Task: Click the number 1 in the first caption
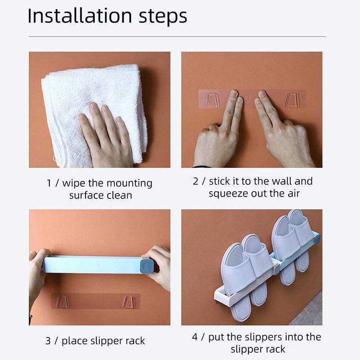[x=49, y=184]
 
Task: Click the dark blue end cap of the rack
[x=147, y=265]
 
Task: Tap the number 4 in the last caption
[x=195, y=337]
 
